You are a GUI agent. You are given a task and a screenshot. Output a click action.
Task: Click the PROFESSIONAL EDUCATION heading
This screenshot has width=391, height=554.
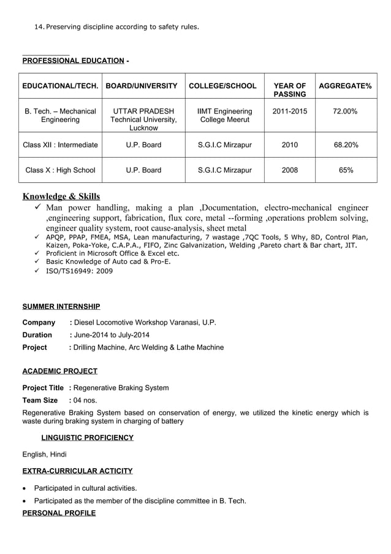[x=73, y=60]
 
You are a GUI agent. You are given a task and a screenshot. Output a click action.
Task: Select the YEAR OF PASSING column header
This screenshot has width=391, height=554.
[x=289, y=90]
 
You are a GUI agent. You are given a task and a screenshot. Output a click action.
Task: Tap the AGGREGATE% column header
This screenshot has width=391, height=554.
[x=345, y=86]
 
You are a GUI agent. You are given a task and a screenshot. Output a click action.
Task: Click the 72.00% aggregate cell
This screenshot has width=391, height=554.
[x=345, y=111]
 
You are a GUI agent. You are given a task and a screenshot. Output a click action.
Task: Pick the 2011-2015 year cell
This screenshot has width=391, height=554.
[x=289, y=111]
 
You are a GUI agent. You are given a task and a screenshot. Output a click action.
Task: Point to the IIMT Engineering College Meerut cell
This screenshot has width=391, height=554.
[x=224, y=115]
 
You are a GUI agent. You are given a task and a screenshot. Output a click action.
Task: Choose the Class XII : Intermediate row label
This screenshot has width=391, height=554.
[x=60, y=145]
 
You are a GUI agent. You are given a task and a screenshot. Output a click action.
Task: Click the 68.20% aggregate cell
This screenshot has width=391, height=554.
[x=346, y=145]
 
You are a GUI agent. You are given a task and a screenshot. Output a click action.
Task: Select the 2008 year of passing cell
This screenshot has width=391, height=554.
[x=289, y=170]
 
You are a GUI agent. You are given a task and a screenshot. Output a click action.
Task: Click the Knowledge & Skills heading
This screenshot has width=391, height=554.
[x=61, y=196]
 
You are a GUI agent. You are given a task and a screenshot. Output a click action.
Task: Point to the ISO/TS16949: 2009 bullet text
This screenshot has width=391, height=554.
[x=79, y=271]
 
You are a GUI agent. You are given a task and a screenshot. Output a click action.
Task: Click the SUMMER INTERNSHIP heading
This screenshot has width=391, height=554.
[x=61, y=306]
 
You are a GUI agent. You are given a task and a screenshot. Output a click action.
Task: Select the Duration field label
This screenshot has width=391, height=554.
[x=37, y=335]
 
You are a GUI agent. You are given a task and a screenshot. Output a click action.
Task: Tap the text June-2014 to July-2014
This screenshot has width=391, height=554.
[x=112, y=335]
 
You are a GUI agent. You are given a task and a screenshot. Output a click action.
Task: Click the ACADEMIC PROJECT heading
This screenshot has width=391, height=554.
[x=59, y=371]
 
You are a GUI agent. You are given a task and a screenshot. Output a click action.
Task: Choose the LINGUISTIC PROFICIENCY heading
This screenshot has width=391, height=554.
[x=87, y=437]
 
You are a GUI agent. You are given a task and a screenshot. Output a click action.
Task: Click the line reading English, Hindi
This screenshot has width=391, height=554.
[x=44, y=455]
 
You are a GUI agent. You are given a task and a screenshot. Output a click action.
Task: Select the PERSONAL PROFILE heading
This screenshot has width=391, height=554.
[x=59, y=513]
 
